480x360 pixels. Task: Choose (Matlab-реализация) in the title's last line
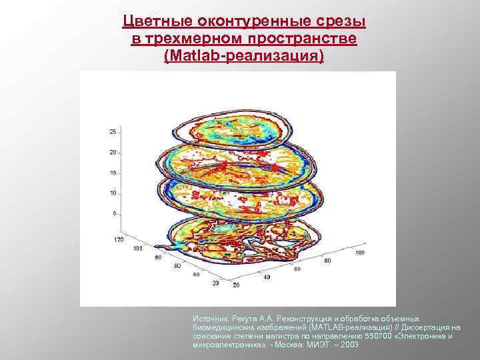(243, 57)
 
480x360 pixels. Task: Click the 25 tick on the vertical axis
(113, 131)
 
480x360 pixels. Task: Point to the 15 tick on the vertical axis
(113, 173)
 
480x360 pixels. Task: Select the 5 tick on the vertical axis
(114, 213)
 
